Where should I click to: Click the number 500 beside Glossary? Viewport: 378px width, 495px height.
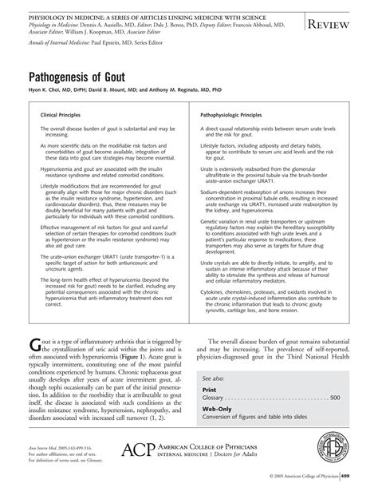336,397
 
